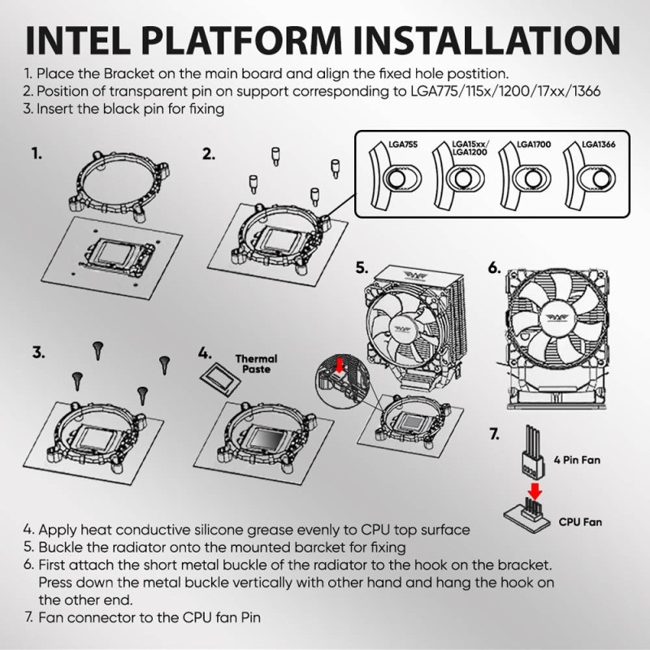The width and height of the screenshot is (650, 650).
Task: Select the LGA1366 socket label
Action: coord(600,144)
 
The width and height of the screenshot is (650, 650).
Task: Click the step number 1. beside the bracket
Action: coord(37,153)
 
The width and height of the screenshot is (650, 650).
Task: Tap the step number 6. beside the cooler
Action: coord(495,266)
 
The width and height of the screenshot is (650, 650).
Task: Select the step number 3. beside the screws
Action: coord(38,353)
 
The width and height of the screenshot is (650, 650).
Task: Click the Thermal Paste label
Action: coord(256,364)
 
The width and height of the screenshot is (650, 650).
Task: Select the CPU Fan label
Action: coord(580,522)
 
